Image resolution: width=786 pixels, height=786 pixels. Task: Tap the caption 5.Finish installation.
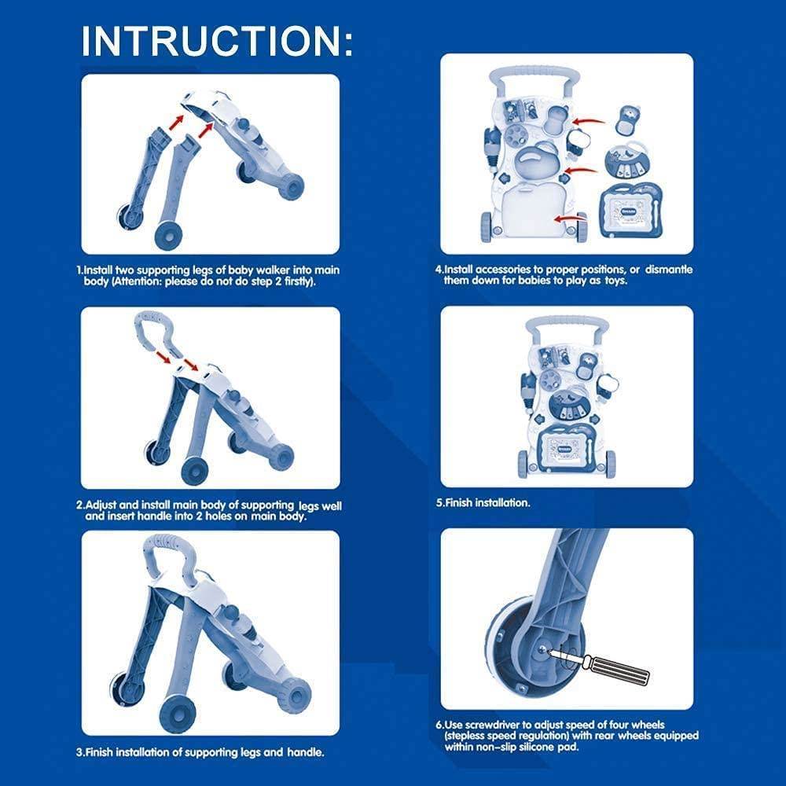click(x=483, y=502)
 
